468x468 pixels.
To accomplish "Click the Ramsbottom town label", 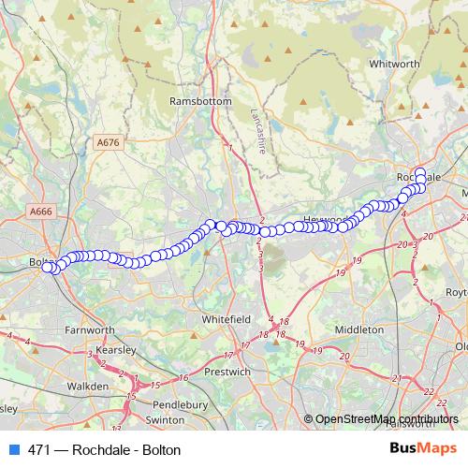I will coord(194,100).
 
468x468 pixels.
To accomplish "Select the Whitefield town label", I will coord(226,319).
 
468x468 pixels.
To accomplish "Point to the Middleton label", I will coord(358,329).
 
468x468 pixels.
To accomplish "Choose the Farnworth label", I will coord(90,329).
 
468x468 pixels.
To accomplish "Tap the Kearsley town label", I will coord(115,349).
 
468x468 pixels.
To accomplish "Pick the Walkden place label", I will coord(87,385).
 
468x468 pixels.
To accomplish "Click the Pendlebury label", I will coord(181,404).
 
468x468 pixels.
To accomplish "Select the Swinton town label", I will coord(166,421).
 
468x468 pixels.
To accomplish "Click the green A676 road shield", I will coord(109,142).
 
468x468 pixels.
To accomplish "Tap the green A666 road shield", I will coord(41,212).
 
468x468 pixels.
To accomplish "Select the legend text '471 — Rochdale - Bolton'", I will coord(104,450).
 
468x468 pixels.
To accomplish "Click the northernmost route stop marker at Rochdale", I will coord(420,173).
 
